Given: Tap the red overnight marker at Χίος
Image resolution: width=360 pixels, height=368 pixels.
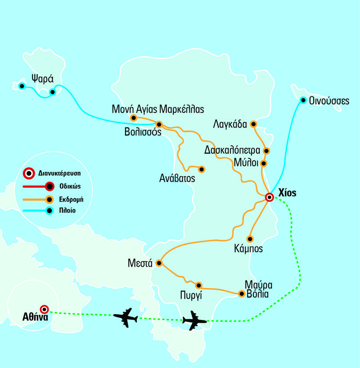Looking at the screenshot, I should tap(269, 197).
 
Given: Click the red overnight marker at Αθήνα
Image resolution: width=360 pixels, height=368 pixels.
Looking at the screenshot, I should tap(45, 309).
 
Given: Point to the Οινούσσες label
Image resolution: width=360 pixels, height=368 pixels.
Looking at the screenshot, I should tap(329, 101).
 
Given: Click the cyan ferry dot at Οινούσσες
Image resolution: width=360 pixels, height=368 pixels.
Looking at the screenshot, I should tap(303, 100).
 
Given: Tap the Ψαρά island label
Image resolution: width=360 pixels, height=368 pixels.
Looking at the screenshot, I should tap(39, 77).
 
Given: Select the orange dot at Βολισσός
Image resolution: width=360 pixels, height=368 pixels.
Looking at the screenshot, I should tap(158, 124).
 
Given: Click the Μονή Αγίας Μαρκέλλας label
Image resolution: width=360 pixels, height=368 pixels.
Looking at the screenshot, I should tap(158, 108).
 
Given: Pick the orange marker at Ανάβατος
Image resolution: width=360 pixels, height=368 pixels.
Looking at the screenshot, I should tap(202, 169).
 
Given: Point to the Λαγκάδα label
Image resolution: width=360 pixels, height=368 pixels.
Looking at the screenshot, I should tap(231, 124).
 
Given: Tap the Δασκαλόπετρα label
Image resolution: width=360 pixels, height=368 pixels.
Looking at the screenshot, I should tap(232, 150).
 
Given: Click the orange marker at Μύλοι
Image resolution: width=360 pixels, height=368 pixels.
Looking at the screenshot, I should tap(264, 163).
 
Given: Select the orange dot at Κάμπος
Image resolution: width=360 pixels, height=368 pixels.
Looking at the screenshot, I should tap(250, 238).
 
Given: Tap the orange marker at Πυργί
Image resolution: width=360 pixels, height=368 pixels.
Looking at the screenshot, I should tap(198, 285).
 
